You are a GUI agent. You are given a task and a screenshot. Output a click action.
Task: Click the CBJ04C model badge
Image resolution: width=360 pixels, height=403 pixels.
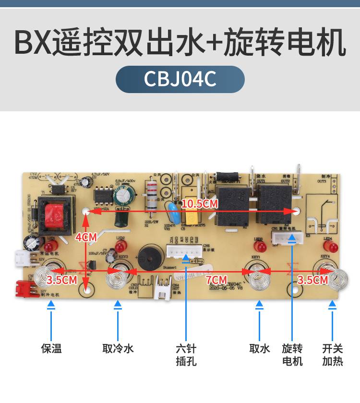coord(180,79)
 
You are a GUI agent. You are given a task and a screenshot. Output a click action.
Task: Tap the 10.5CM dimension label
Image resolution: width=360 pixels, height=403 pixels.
coord(200,204)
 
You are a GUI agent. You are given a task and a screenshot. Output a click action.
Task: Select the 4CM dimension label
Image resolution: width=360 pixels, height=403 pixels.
coord(86,237)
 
